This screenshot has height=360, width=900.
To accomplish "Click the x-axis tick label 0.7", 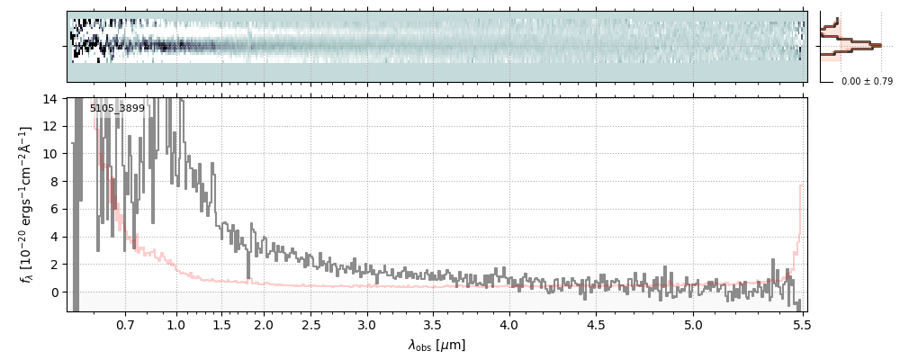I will tap(125, 324).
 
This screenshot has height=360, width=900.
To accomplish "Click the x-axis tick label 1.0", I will tap(176, 324).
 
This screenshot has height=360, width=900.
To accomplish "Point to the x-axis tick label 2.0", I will tap(263, 324).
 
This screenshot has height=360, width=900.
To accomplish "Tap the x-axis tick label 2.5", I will tap(311, 324).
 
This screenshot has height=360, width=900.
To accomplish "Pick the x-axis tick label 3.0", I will tap(366, 324).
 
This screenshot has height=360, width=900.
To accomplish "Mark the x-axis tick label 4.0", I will tap(508, 324).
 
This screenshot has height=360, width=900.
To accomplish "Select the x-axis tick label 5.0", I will tap(693, 324).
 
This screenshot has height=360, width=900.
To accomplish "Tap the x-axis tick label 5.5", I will tap(803, 324).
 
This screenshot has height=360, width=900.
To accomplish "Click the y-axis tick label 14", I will tap(50, 98).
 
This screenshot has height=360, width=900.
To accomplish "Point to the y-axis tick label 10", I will tap(50, 154).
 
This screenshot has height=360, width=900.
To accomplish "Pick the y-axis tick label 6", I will tap(54, 209).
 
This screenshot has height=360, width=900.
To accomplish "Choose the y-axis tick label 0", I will tap(54, 292).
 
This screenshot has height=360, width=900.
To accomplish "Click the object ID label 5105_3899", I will tap(117, 109).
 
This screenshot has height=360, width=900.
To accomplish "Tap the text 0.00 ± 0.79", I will tap(867, 82).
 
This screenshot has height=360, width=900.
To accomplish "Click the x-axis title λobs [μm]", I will tap(436, 345).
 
